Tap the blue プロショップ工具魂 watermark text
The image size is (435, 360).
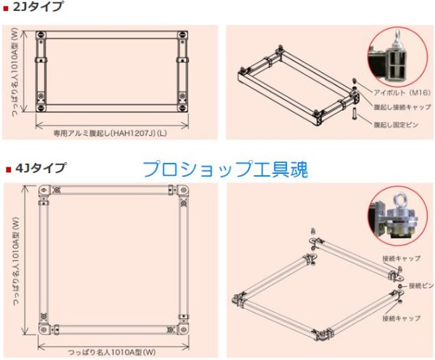point(225,169)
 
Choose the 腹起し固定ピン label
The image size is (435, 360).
point(398,124)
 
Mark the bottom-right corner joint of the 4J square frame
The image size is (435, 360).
point(183,330)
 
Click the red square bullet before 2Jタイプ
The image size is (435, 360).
point(7,9)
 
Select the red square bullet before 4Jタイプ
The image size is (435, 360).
point(7,169)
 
